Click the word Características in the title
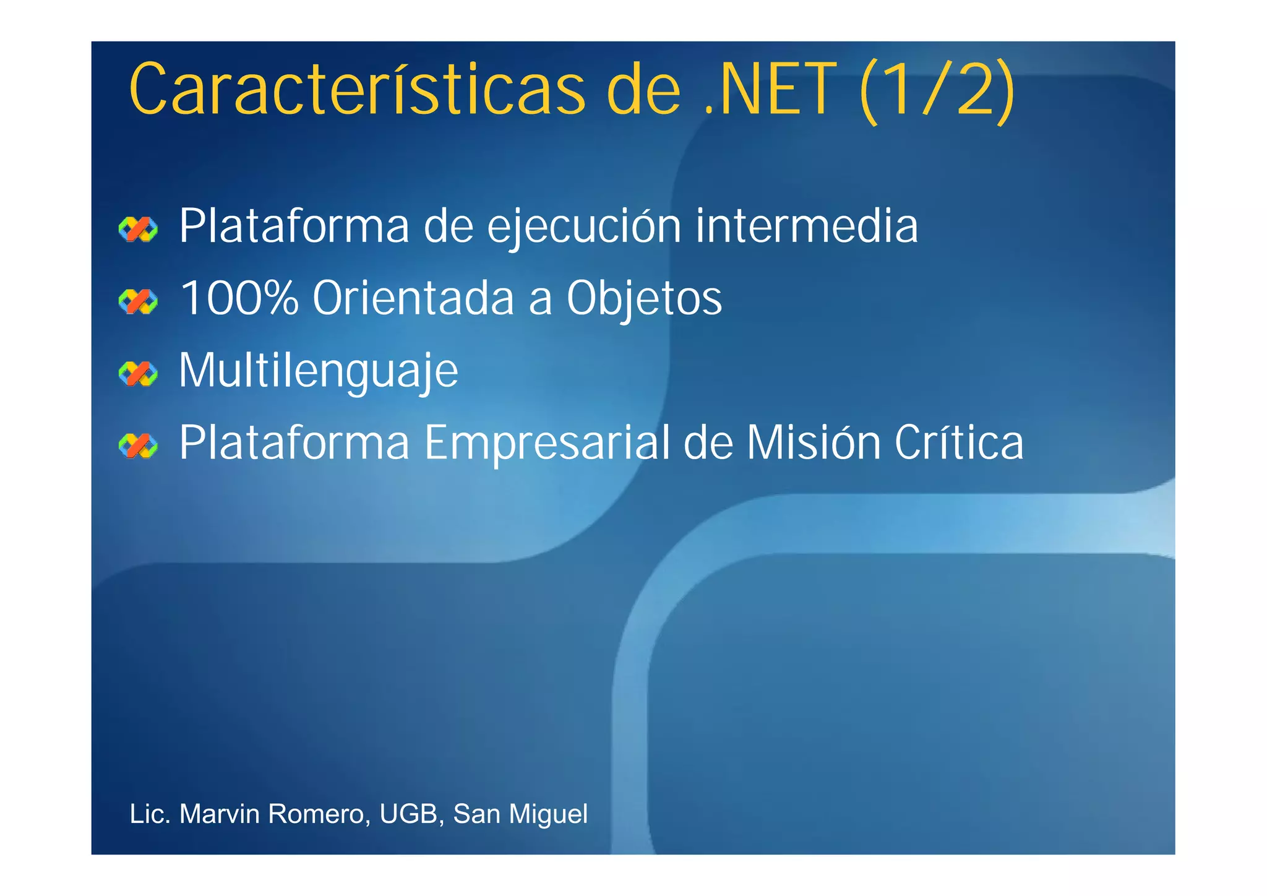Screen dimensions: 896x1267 pos(357,90)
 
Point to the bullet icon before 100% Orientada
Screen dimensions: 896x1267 pos(138,301)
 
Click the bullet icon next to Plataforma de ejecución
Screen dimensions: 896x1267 pos(138,229)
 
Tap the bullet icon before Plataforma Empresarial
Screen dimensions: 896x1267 pos(138,446)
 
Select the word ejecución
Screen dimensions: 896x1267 pos(584,227)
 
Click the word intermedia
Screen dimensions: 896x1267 pos(807,226)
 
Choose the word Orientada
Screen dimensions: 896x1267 pos(413,298)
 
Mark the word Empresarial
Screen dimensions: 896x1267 pos(547,444)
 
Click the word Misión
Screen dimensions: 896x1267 pos(814,442)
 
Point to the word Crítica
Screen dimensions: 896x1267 pos(959,442)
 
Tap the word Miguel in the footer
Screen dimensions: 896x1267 pos(548,814)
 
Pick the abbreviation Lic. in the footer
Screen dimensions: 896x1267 pos(150,814)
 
